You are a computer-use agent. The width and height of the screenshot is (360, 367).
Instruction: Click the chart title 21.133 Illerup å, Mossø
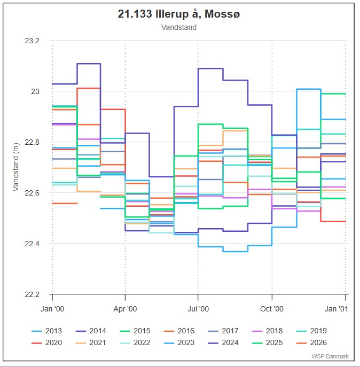tap(179, 14)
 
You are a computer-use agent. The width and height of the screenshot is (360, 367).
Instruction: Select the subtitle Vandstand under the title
tap(179, 27)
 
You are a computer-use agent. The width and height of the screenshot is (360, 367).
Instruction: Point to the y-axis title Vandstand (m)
tap(15, 167)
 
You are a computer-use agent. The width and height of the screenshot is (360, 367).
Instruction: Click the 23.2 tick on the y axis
tap(33, 41)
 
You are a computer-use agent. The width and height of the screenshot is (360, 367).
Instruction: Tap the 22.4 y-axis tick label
tap(33, 244)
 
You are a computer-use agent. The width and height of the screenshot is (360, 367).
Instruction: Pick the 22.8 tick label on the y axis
tap(33, 143)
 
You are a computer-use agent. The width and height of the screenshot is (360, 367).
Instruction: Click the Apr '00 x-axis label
tap(125, 309)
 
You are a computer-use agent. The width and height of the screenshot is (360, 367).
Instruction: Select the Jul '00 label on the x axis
tap(198, 309)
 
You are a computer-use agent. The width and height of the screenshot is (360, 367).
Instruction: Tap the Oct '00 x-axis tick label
tap(272, 309)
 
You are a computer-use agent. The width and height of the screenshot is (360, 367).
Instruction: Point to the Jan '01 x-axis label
tap(336, 309)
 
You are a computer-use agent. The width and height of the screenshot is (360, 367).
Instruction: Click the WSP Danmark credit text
tap(330, 356)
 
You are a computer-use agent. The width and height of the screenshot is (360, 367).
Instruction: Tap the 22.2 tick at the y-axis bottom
tap(33, 295)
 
